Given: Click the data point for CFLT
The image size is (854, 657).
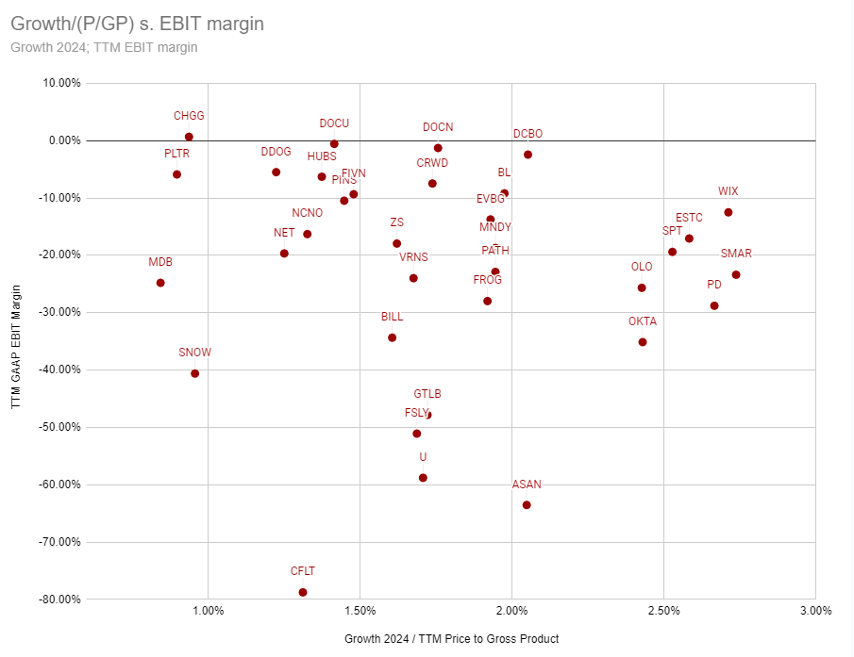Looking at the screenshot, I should click(x=303, y=592).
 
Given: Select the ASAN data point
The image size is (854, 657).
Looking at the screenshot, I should click(x=527, y=505).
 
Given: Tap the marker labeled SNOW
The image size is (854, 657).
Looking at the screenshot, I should click(x=195, y=373).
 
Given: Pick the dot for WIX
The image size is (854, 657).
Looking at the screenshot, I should click(x=728, y=212).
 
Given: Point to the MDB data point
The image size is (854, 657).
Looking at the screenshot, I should click(x=160, y=283).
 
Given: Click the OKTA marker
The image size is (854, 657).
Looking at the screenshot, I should click(x=643, y=342).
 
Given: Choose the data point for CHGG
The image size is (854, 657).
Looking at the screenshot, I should click(x=189, y=137).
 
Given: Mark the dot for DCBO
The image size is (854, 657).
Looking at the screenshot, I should click(x=527, y=155).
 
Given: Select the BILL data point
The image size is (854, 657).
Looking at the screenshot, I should click(x=392, y=337).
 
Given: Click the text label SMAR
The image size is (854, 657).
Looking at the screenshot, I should click(x=736, y=254).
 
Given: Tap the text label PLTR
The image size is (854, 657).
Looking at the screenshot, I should click(x=176, y=153).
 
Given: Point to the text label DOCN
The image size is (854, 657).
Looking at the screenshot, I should click(x=438, y=127).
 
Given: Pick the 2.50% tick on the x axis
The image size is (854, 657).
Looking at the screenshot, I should click(x=663, y=611).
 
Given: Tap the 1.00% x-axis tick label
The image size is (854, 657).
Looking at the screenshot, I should click(x=208, y=611).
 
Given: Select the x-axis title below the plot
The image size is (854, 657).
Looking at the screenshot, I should click(x=451, y=639).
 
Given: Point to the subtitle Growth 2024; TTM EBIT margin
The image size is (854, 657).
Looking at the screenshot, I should click(x=104, y=47).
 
